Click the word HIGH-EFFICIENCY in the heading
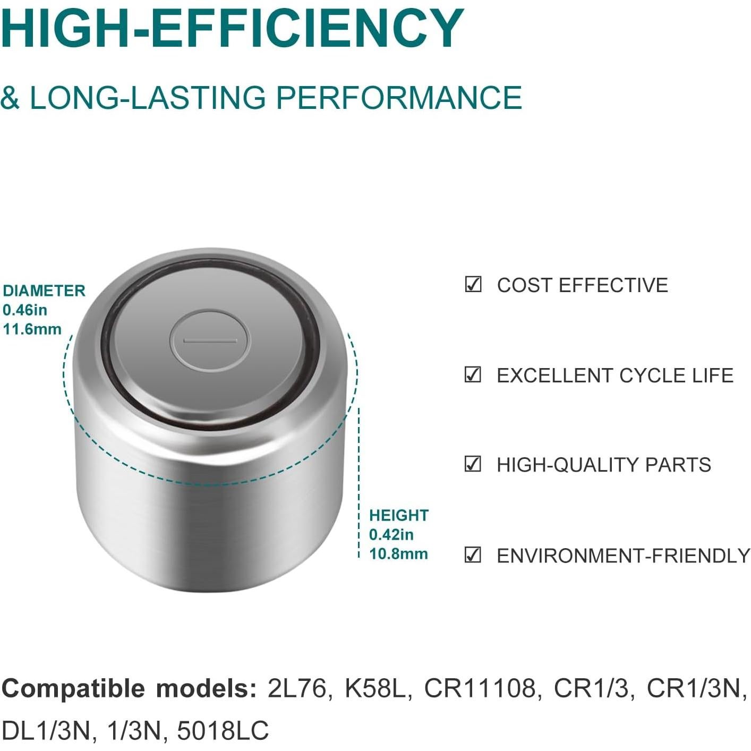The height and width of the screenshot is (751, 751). [x=233, y=28]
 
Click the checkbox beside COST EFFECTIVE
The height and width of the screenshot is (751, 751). [x=473, y=285]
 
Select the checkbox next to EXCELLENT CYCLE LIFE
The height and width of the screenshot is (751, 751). [x=473, y=374]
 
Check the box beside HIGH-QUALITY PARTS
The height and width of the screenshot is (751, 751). [x=473, y=464]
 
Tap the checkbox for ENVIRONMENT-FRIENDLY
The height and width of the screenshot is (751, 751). [x=473, y=554]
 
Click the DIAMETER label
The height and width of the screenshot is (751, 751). [x=44, y=291]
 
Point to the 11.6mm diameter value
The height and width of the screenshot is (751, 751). [x=32, y=329]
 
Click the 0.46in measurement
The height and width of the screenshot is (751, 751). [x=25, y=310]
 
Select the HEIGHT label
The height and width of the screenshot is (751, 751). [x=399, y=516]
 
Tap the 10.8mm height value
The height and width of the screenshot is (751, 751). [x=398, y=554]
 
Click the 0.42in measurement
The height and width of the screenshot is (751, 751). [x=391, y=535]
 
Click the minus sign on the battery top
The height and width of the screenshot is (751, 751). [x=210, y=341]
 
